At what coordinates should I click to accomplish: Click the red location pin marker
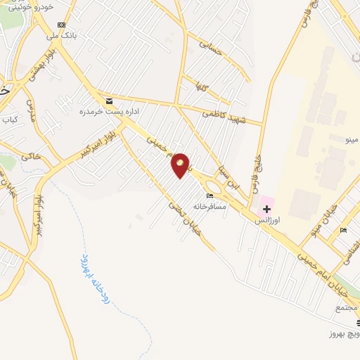pos(181,165)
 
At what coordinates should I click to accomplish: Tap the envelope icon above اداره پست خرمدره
pos(108,101)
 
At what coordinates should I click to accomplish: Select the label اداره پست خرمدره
pos(108,112)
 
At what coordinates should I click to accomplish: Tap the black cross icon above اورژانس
pos(266,209)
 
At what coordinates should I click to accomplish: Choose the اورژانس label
pos(267,220)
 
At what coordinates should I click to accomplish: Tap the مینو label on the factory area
pos(349,139)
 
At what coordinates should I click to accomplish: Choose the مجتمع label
pos(347,307)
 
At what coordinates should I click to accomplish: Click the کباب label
pos(9,120)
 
